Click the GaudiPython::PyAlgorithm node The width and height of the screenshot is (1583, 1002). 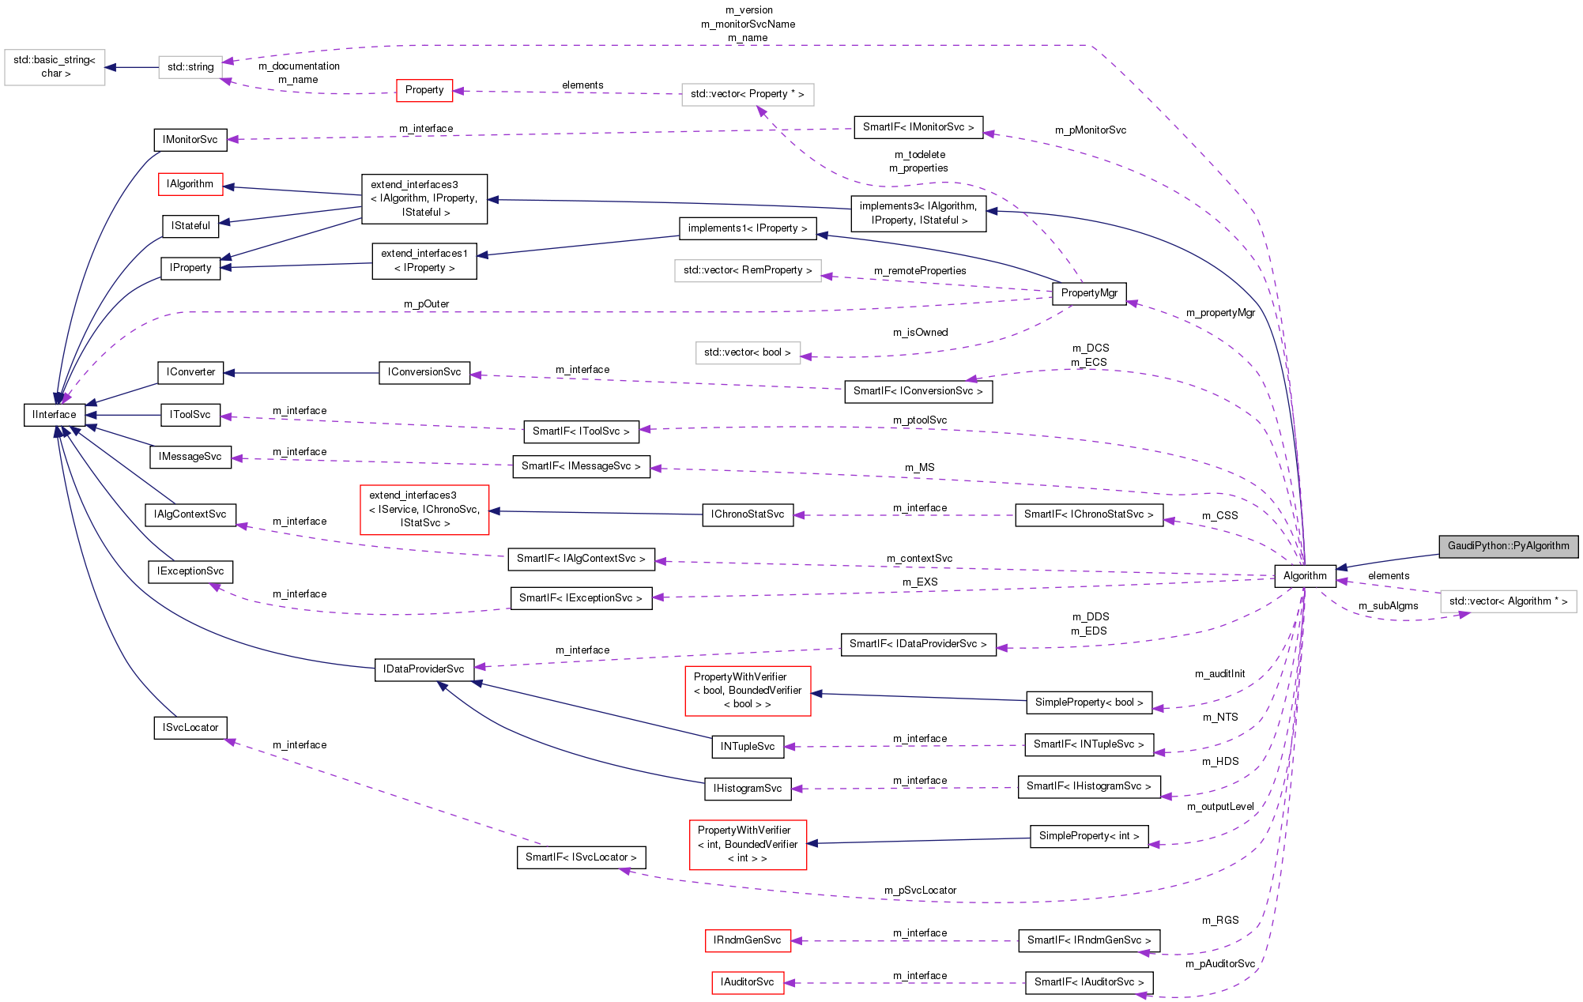pos(1508,546)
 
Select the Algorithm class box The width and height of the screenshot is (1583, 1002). pos(1304,576)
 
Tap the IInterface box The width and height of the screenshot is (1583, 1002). pos(55,415)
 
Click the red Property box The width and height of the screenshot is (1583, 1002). pos(424,90)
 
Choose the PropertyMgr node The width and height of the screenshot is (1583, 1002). pos(1089,293)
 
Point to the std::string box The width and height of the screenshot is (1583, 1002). pos(190,67)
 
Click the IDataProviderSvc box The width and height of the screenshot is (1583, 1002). pos(424,669)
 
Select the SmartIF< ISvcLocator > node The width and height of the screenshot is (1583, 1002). pos(581,857)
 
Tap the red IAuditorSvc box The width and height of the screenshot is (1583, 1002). pos(747,982)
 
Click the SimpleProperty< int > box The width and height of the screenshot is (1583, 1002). pos(1089,836)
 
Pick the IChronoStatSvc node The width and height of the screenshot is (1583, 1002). pos(747,514)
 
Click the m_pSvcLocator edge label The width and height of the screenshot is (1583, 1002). pos(920,891)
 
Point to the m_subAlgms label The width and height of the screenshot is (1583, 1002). pos(1388,606)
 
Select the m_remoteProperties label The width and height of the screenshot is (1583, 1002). pos(920,271)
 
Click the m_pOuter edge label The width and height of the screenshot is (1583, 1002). pos(426,304)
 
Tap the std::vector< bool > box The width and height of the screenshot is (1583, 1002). pos(747,352)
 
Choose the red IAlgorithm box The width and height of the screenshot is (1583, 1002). pos(190,184)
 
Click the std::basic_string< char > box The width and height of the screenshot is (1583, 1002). pos(55,67)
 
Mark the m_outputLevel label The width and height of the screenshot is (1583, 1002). pos(1220,807)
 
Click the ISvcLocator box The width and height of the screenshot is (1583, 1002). pos(190,728)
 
